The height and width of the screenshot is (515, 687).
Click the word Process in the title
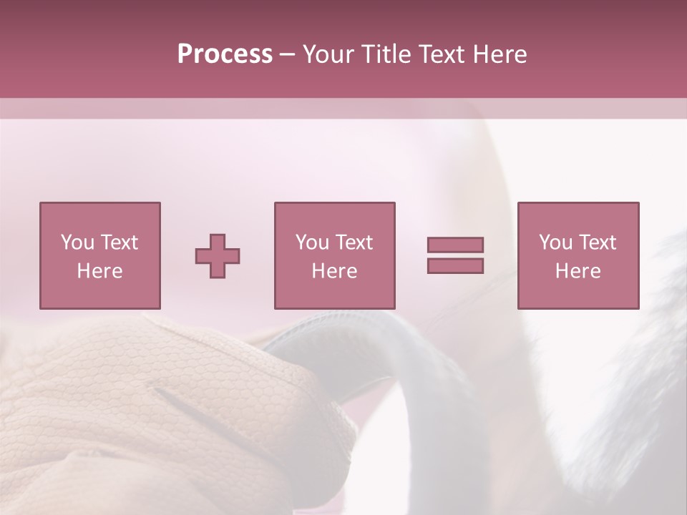click(x=225, y=54)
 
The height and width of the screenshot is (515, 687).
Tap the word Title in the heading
click(x=385, y=54)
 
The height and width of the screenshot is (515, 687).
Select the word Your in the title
click(x=328, y=54)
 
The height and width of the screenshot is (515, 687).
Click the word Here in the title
click(x=500, y=54)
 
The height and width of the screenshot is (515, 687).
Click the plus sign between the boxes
click(x=218, y=255)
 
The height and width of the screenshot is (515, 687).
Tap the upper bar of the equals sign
click(x=455, y=245)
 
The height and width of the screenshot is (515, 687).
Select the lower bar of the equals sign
click(x=455, y=265)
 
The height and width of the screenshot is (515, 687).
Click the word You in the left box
click(x=77, y=242)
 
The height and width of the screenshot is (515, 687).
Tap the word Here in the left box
click(x=99, y=271)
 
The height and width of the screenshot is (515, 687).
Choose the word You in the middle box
click(x=312, y=242)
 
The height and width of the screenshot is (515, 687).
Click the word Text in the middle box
click(x=354, y=242)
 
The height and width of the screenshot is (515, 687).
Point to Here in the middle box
click(x=334, y=271)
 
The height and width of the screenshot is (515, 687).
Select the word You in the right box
click(x=555, y=242)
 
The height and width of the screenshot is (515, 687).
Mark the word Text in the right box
click(x=597, y=242)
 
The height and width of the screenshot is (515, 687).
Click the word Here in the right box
click(x=578, y=271)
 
